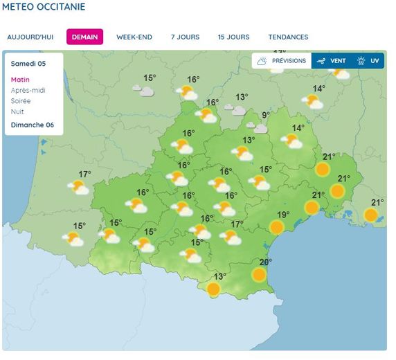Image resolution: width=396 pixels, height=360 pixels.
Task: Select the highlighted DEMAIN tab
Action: pos(84,37)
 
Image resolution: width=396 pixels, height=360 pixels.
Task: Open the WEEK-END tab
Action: pos(134,37)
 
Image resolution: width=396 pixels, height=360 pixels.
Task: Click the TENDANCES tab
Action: pos(288,37)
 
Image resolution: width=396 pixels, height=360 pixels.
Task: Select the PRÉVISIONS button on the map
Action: pos(281,61)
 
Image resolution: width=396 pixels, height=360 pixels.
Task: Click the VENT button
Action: pos(331,61)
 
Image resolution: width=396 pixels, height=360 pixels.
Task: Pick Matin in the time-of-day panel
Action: pos(21,80)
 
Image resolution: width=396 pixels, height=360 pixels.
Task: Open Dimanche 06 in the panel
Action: pos(33,125)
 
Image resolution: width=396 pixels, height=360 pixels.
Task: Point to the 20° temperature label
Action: pos(266,262)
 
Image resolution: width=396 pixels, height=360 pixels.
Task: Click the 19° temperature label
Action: pos(284,215)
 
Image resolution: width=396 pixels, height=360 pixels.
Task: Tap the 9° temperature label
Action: pos(265,115)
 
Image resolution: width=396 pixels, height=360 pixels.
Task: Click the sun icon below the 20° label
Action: pos(259,275)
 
